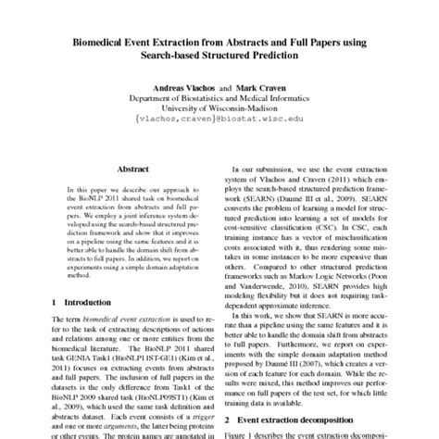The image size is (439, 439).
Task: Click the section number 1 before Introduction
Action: point(54,302)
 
